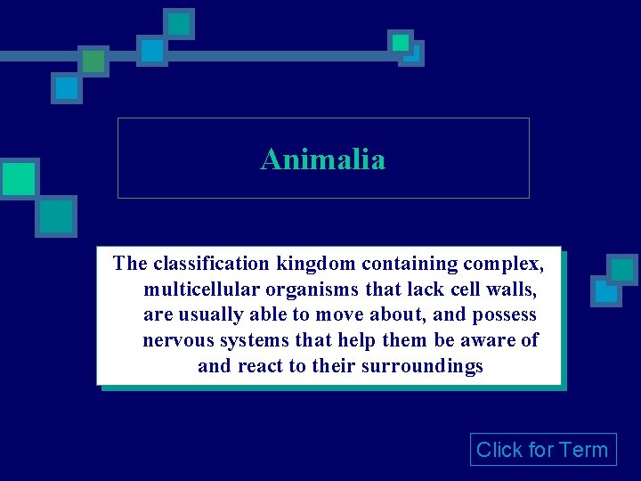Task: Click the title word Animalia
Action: click(322, 159)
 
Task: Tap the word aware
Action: click(489, 341)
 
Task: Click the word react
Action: click(263, 367)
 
